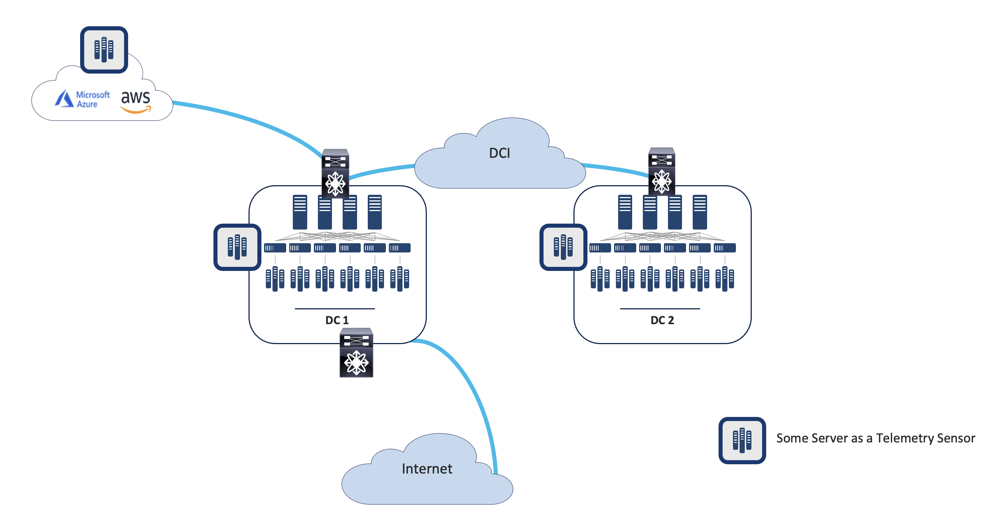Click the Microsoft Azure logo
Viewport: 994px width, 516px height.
pos(82,99)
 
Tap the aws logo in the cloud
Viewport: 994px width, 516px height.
pos(136,101)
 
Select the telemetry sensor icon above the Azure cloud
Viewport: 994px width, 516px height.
pos(104,50)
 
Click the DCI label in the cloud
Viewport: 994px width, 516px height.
pos(499,153)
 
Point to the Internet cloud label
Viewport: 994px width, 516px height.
pos(427,468)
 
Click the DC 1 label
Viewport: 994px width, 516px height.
pos(336,320)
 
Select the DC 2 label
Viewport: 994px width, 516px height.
pos(662,320)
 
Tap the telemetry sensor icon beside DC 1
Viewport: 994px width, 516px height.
pos(237,247)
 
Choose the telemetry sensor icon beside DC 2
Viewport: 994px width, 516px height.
pos(563,247)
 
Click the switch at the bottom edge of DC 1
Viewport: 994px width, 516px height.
pos(356,353)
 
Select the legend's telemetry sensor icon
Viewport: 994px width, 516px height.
pos(742,440)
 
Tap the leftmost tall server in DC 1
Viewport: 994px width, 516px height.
pos(300,212)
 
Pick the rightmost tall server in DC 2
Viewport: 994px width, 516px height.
pos(700,212)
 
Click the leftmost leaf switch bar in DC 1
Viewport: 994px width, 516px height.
pos(275,248)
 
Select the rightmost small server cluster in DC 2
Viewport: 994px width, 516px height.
pos(724,278)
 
